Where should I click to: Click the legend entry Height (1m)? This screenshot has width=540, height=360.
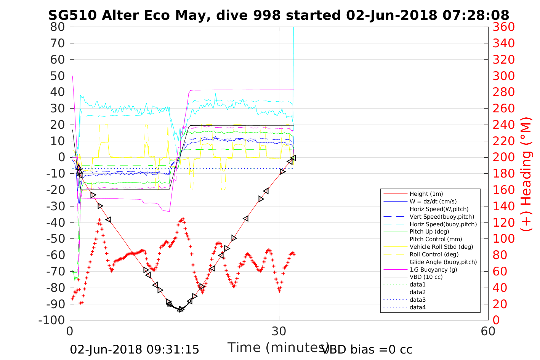[x=426, y=194]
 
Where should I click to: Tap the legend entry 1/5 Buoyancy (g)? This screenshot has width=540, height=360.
[x=433, y=269]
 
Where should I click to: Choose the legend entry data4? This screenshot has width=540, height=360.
[x=418, y=307]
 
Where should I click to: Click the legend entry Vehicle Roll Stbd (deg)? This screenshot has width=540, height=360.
[x=441, y=246]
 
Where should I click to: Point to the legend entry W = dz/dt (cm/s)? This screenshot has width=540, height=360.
[x=433, y=202]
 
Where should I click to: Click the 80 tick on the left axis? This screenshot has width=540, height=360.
[x=58, y=27]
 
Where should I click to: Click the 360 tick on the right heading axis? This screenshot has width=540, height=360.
[x=504, y=27]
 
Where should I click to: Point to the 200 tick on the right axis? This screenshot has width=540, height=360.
[x=504, y=157]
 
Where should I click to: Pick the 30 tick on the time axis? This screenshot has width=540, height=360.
[x=279, y=331]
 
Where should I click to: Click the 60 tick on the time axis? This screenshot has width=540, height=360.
[x=488, y=331]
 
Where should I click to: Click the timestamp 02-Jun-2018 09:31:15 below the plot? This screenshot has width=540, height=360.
[x=135, y=349]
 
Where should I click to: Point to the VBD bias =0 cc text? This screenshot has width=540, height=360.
[x=367, y=349]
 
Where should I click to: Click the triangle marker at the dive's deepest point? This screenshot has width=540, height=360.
[x=181, y=309]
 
